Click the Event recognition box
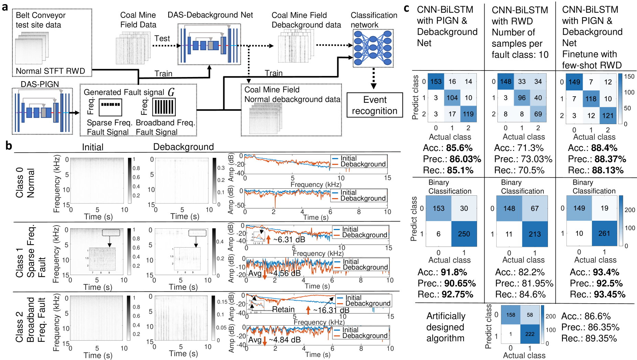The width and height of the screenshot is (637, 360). coord(374,105)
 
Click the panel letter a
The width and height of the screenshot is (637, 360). coord(5,7)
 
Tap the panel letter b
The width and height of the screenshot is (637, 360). coord(9,146)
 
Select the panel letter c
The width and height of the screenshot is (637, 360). coord(407,8)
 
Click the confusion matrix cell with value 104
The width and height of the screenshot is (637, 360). coord(452,98)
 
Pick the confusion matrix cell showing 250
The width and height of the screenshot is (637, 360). coord(464,234)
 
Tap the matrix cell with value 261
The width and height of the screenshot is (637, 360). coord(604,233)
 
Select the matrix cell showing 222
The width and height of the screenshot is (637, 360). coord(530,334)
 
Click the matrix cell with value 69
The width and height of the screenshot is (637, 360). coord(538,114)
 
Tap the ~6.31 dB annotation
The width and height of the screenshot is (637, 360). coord(289,239)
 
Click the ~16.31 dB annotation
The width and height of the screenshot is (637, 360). coord(331,310)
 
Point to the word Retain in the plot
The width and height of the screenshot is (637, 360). coord(283,309)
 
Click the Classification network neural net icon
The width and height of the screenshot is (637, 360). coord(373,48)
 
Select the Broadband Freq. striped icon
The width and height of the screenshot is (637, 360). coord(164,107)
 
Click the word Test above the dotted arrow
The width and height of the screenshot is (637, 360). coord(162,39)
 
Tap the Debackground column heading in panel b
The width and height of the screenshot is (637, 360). coord(183,147)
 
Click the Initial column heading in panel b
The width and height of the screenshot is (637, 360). coord(93,147)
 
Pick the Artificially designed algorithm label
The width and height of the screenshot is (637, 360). coord(445,327)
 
